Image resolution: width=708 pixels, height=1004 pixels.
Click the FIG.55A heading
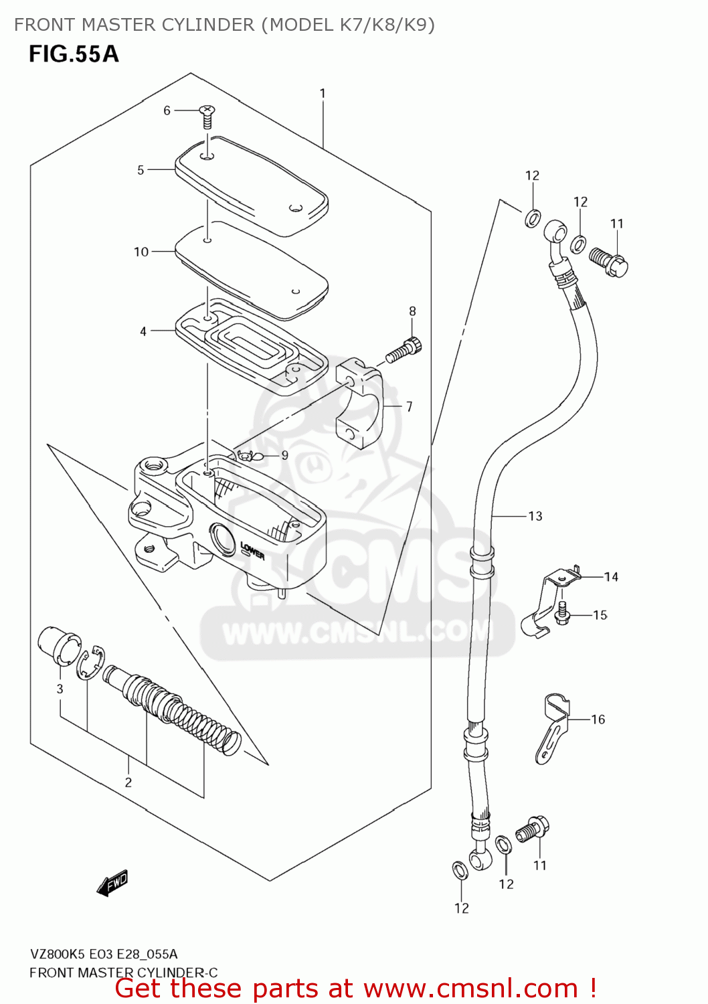click(74, 54)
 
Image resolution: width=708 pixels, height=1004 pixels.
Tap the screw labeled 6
click(207, 116)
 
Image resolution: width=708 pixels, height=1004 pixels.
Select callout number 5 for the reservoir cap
click(141, 170)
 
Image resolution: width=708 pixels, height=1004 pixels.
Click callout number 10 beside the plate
click(141, 252)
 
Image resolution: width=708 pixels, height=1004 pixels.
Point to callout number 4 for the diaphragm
click(143, 331)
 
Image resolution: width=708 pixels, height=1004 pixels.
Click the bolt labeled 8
click(405, 350)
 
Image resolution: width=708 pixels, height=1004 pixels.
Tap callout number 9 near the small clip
click(284, 455)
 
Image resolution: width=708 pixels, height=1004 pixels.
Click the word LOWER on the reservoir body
click(252, 551)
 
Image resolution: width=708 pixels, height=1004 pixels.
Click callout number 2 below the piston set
click(128, 782)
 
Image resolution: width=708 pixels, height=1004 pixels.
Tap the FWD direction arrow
click(112, 883)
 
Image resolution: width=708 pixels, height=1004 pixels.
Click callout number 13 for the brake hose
click(535, 516)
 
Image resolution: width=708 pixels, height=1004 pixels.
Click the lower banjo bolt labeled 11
click(533, 830)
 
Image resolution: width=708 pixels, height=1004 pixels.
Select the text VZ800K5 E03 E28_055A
click(104, 954)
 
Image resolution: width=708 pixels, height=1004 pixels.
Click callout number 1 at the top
click(323, 94)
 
